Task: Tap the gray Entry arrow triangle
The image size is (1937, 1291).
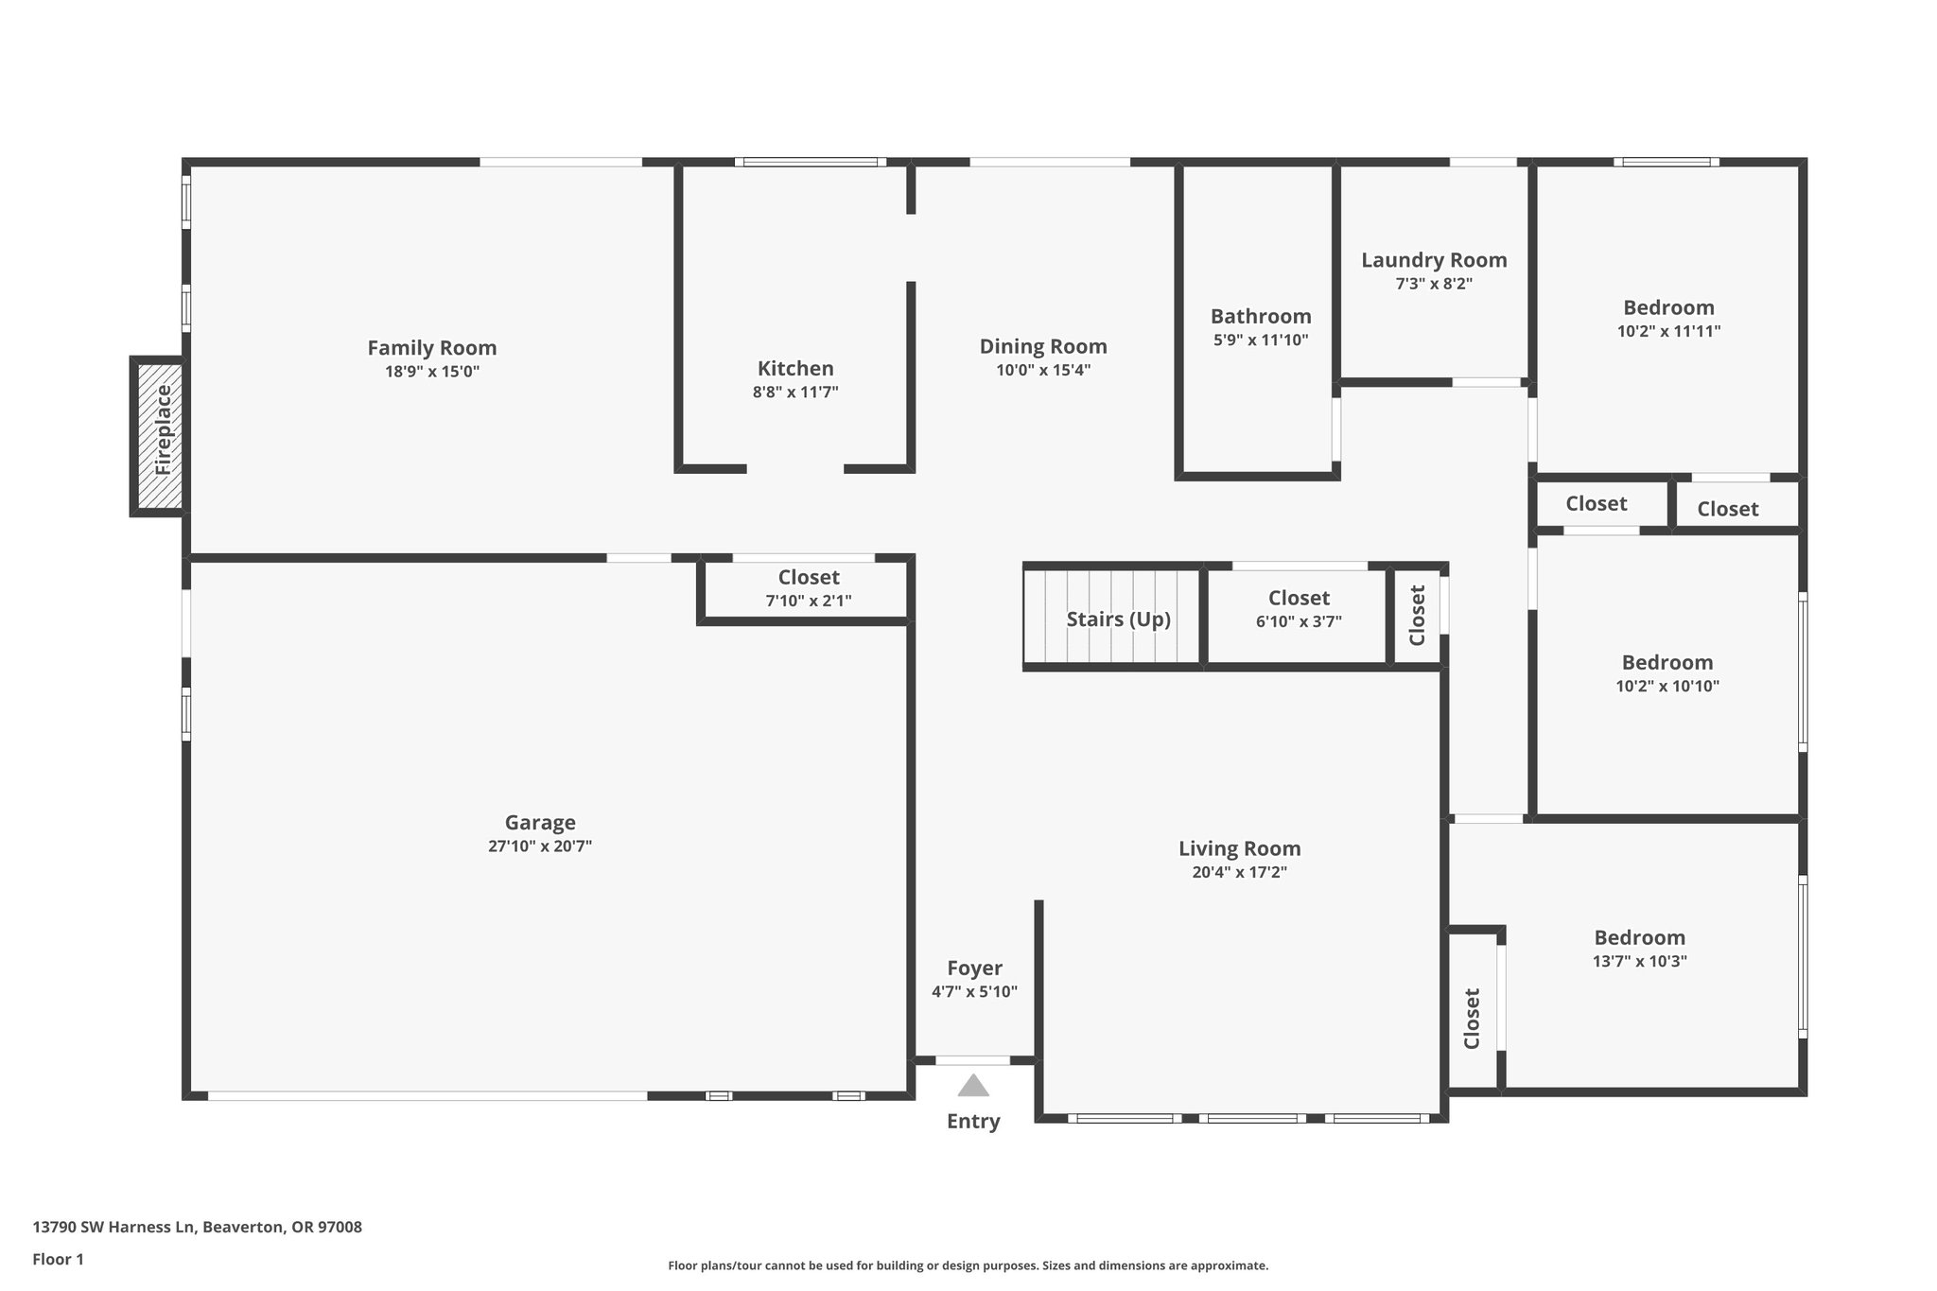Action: click(973, 1086)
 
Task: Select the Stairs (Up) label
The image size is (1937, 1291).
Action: click(1118, 619)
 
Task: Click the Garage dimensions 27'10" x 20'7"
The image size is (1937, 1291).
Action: click(540, 846)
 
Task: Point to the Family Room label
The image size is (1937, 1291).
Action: click(432, 348)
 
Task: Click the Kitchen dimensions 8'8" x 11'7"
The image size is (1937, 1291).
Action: click(795, 393)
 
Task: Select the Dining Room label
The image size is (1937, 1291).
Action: click(1043, 347)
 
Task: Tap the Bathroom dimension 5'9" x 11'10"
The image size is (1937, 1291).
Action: click(1261, 340)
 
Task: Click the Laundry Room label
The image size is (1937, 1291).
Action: click(1434, 260)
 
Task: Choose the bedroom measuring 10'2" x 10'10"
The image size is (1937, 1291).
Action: click(1667, 673)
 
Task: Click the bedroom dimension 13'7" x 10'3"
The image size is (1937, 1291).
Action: click(1640, 962)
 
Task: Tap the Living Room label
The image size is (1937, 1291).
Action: click(1239, 849)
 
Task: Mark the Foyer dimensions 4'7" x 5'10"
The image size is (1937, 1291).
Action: click(974, 992)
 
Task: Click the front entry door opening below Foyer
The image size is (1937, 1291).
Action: click(973, 1060)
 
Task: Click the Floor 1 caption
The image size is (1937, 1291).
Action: click(59, 1260)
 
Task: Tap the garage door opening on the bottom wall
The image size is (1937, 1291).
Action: click(428, 1096)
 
